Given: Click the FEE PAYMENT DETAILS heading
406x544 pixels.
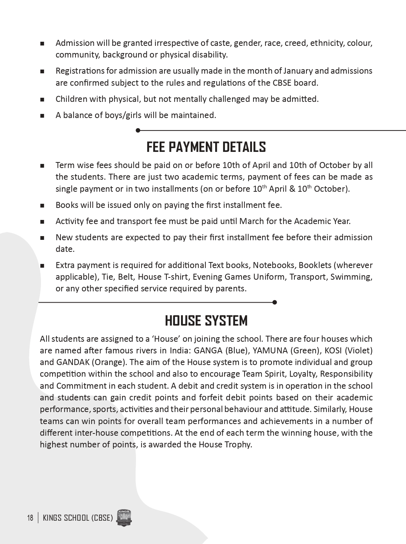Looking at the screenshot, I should coord(206,147).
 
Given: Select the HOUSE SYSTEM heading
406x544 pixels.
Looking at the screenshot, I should coord(206,321).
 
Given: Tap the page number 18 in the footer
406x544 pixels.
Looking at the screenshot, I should coord(30,518).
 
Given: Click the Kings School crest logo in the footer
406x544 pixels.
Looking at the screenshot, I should coord(124,518).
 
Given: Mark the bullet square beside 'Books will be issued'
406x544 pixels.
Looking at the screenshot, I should coord(42,205).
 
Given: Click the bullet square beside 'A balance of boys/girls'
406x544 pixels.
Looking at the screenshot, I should coord(42,115).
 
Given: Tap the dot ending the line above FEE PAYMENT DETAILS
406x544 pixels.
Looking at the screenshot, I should coord(138,130).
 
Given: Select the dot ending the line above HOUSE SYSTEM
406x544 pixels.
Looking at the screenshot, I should coord(275,302).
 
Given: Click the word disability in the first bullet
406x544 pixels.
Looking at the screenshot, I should coord(208,55).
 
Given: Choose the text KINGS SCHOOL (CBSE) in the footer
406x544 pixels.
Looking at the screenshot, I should coord(78,518).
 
